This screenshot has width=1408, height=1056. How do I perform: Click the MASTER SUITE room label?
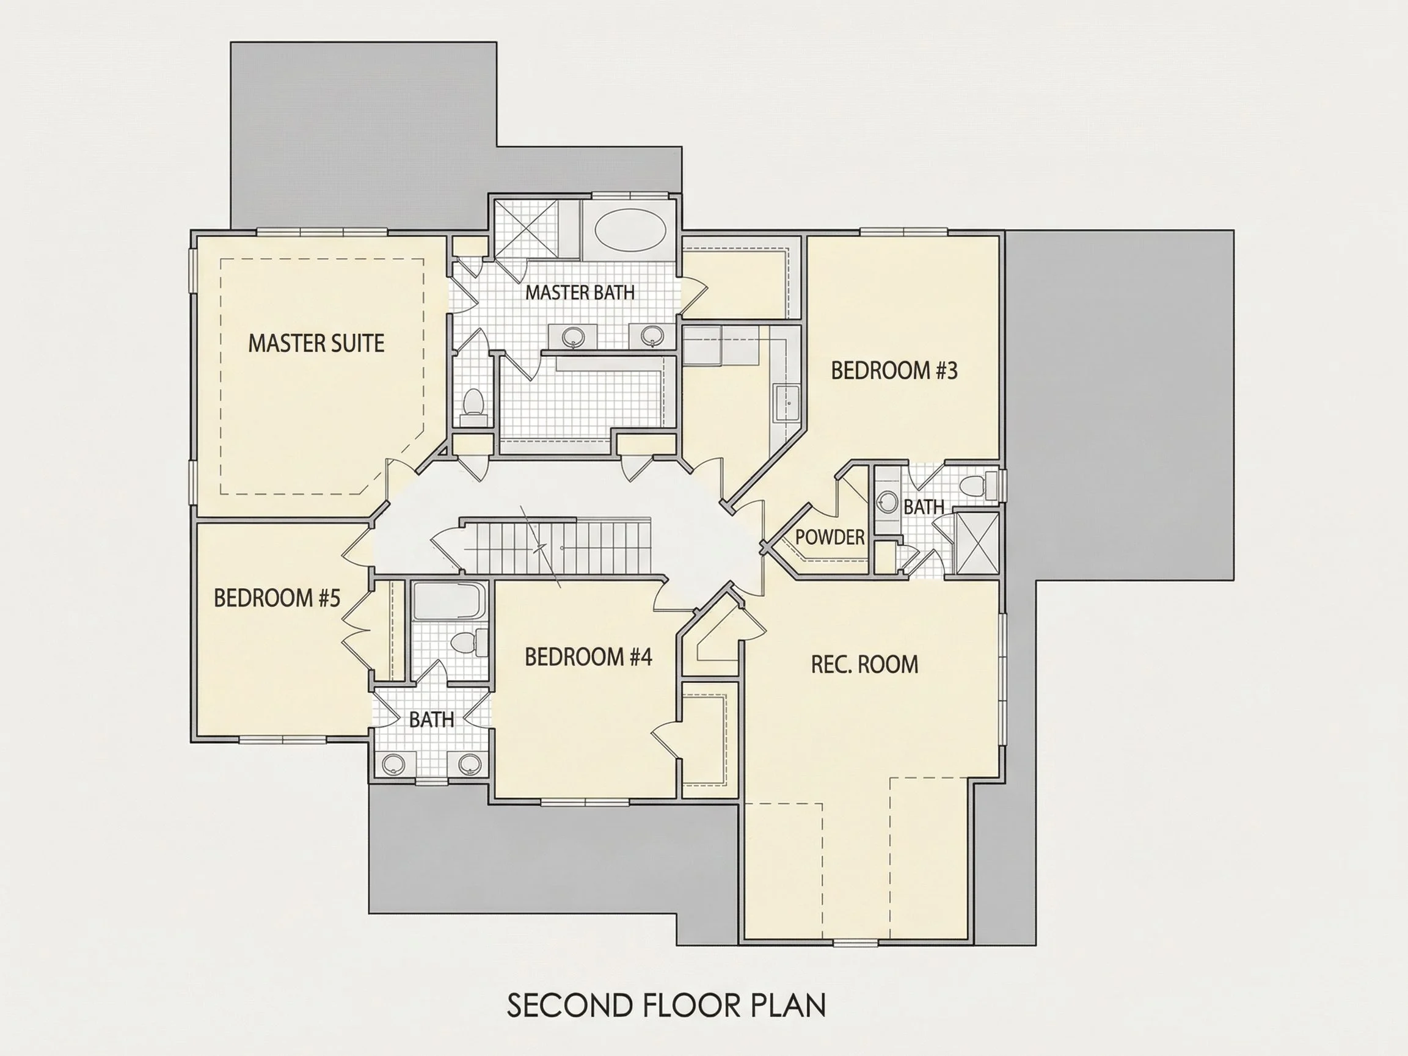coord(316,344)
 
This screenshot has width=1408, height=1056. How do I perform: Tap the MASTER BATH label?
coord(580,293)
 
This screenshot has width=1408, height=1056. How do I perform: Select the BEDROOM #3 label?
coord(894,371)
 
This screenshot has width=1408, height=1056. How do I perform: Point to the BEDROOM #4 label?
coord(589,657)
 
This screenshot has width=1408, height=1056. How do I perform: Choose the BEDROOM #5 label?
coord(277,599)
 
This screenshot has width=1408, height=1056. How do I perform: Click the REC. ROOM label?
coord(864,665)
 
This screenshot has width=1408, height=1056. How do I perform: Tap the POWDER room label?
coord(830,537)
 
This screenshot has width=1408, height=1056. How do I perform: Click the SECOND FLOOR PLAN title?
coord(666,1005)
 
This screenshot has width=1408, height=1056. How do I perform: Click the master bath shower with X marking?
coord(527,230)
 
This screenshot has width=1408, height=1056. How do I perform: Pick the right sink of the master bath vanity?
coord(652,335)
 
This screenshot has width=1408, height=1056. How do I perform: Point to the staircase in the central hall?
coord(557,546)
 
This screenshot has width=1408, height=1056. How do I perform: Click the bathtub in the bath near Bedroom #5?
coord(449,601)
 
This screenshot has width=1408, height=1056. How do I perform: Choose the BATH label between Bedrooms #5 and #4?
coord(432,720)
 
